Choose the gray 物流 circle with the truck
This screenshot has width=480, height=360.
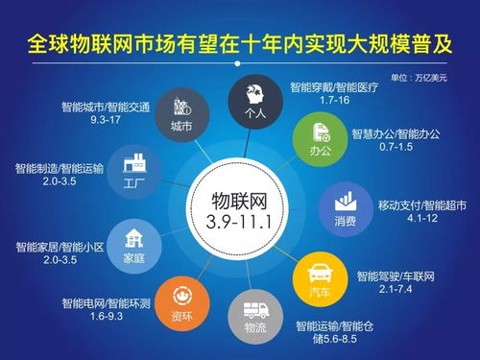click(255, 316)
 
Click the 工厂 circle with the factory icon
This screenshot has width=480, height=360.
click(132, 171)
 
